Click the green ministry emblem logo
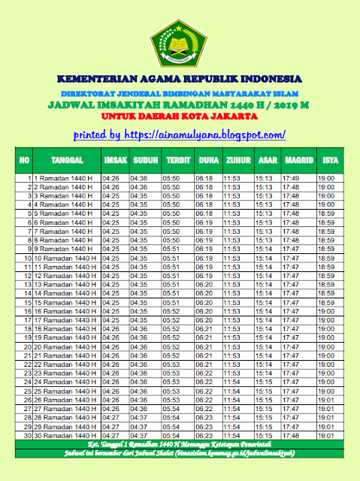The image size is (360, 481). (179, 42)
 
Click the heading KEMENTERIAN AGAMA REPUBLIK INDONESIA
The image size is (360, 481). (180, 79)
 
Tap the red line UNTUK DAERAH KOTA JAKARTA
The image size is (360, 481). (180, 116)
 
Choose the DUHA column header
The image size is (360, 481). (206, 161)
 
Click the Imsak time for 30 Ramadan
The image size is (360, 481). (110, 434)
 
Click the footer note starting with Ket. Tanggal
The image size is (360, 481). (180, 445)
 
